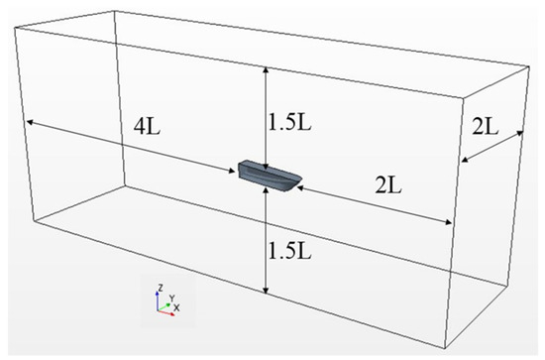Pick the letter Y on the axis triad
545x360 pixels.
tap(171, 297)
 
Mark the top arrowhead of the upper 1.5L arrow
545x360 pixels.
tap(267, 69)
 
